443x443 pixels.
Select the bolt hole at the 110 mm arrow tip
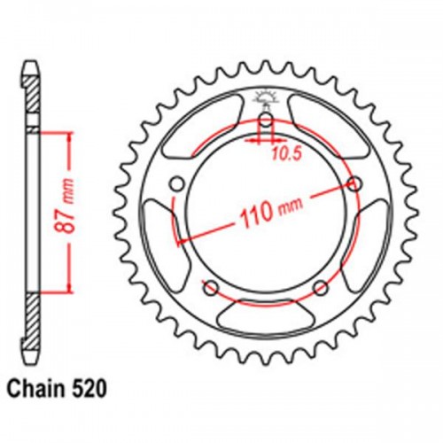pyautogui.click(x=356, y=183)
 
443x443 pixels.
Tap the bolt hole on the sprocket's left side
pyautogui.click(x=176, y=183)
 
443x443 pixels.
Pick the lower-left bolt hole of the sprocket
pyautogui.click(x=211, y=287)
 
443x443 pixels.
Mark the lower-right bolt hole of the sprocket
pyautogui.click(x=321, y=287)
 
